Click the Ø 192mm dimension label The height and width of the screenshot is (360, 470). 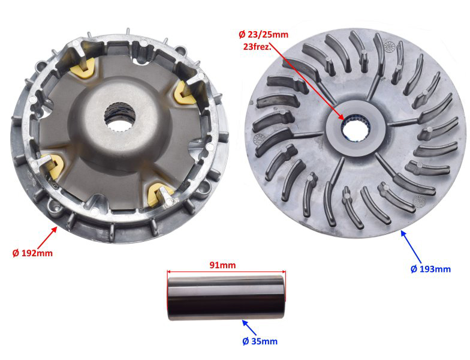pyautogui.click(x=32, y=253)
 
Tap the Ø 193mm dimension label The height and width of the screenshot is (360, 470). pyautogui.click(x=430, y=269)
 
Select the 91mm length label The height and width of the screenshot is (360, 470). pyautogui.click(x=222, y=265)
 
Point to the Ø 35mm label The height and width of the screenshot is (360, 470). pyautogui.click(x=260, y=341)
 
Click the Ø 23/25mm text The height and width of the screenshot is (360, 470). pyautogui.click(x=264, y=35)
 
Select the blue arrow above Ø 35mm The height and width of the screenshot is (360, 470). pyautogui.click(x=249, y=328)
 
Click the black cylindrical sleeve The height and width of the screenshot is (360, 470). pyautogui.click(x=227, y=298)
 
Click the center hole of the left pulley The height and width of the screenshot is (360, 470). pyautogui.click(x=119, y=116)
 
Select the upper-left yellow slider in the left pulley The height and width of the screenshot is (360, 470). pyautogui.click(x=82, y=68)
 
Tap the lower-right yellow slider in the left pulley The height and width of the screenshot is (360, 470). pyautogui.click(x=159, y=194)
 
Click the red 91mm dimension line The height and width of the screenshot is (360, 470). pyautogui.click(x=227, y=271)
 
